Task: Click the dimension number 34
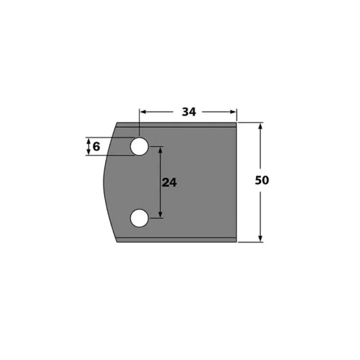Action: pos(189,112)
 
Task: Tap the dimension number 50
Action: pos(262,180)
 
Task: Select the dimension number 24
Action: pos(170,183)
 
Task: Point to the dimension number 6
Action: pos(96,147)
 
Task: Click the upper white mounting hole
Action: pos(139,147)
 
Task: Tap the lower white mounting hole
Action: pos(139,218)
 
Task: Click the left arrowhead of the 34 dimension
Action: pos(143,112)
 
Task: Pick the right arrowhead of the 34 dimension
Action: pos(233,112)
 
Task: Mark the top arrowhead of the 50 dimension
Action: pos(260,126)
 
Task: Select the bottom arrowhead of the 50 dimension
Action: pos(260,238)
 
